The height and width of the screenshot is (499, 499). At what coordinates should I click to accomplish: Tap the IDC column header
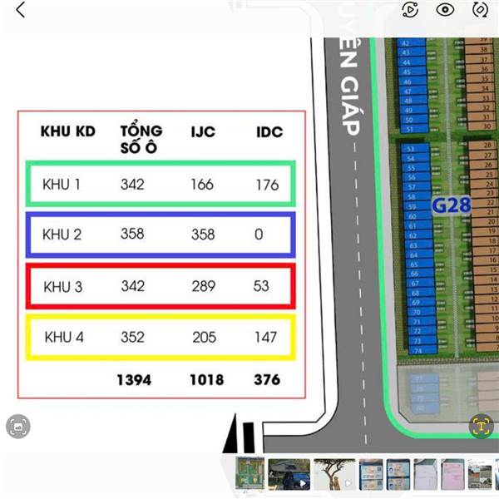coord(269,131)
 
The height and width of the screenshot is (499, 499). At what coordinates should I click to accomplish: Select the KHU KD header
coord(68,131)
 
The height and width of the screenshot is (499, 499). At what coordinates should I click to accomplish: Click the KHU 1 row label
coord(62,184)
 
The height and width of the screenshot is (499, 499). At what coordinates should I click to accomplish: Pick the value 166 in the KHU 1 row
coord(202,184)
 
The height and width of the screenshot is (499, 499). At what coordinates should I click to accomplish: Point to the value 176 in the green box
coord(267,185)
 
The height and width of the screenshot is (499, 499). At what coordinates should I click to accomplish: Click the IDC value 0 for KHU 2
coord(259,235)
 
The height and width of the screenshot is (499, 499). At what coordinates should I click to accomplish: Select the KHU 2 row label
coord(62,235)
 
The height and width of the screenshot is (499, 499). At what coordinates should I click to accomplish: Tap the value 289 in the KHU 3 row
coord(203,286)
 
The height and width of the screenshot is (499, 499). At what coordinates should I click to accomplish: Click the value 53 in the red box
coord(261,286)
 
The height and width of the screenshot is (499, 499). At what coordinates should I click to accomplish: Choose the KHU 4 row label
coord(63,337)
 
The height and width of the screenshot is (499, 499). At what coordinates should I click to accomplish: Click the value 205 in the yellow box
coord(204,337)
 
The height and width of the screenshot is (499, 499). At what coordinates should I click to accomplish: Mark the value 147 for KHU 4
coord(265,337)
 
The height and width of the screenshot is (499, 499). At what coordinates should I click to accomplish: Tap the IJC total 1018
coord(206,379)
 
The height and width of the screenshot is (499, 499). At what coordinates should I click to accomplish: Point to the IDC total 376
coord(267,379)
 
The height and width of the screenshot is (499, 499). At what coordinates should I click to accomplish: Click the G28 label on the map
coord(451,205)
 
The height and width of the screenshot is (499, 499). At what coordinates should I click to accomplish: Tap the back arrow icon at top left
coord(20,10)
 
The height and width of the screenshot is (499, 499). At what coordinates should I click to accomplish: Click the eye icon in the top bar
coord(445,10)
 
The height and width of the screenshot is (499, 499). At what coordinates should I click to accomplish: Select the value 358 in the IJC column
coord(202,235)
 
